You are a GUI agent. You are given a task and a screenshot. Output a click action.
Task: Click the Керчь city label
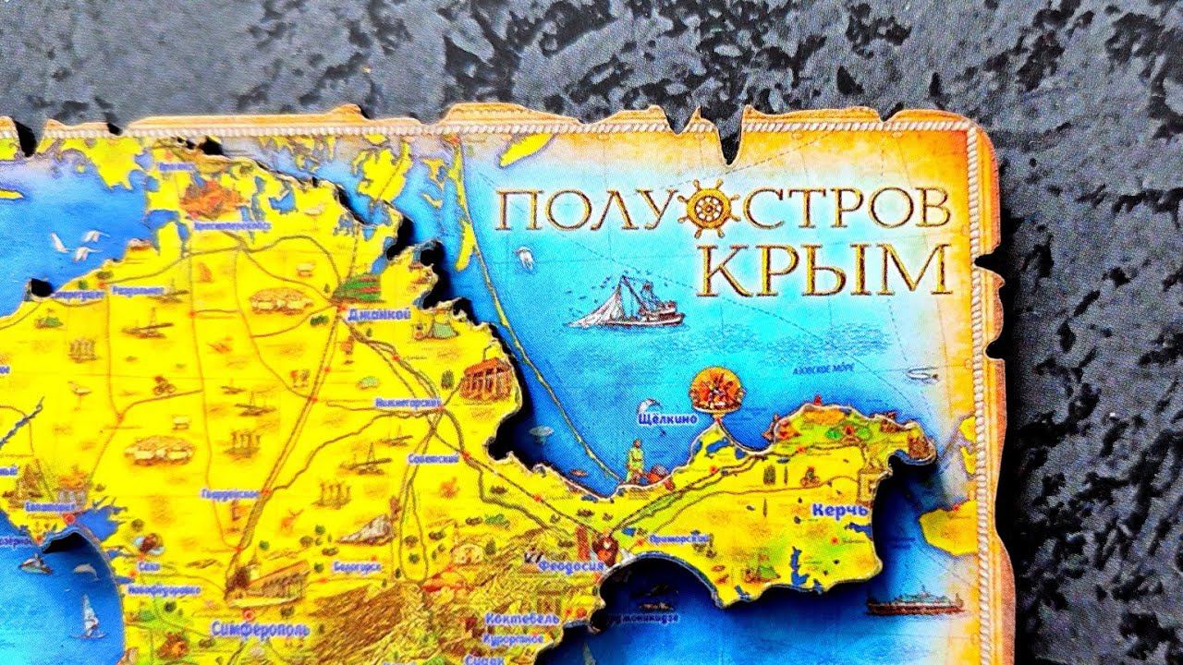pyautogui.click(x=839, y=510)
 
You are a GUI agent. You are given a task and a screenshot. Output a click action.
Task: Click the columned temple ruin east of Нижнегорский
pyautogui.click(x=486, y=380)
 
